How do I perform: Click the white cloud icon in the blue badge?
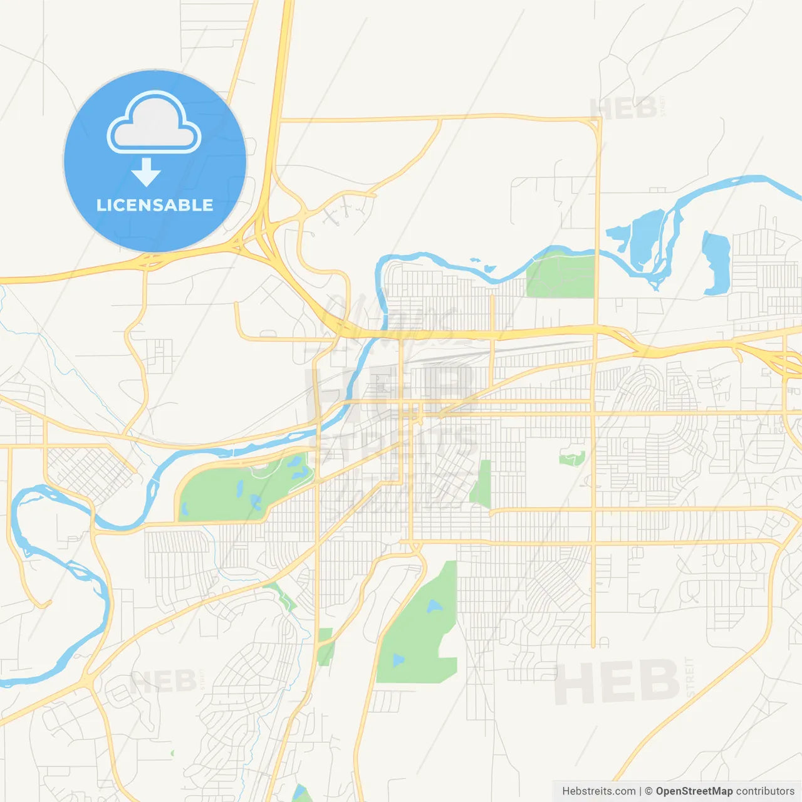pyautogui.click(x=154, y=123)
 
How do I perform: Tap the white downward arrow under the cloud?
pyautogui.click(x=146, y=172)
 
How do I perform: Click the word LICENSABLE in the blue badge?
pyautogui.click(x=155, y=205)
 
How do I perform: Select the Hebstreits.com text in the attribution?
pyautogui.click(x=598, y=791)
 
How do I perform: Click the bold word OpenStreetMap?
pyautogui.click(x=694, y=791)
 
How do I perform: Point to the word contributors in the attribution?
pyautogui.click(x=765, y=791)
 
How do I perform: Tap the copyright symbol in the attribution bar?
pyautogui.click(x=648, y=791)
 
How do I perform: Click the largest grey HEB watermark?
pyautogui.click(x=617, y=681)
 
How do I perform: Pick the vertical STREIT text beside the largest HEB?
pyautogui.click(x=690, y=677)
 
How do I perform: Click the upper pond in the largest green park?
pyautogui.click(x=434, y=607)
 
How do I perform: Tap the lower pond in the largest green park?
pyautogui.click(x=398, y=660)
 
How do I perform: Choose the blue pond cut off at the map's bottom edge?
pyautogui.click(x=303, y=794)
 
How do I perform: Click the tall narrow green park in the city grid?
pyautogui.click(x=482, y=484)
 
